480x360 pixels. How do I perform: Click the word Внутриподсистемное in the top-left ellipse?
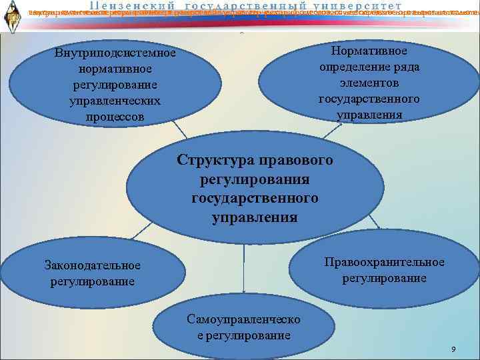click(x=115, y=54)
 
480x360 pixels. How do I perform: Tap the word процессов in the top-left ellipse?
click(x=115, y=117)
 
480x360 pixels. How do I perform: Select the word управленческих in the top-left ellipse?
click(x=115, y=101)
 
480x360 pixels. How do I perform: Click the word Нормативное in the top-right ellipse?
click(x=369, y=51)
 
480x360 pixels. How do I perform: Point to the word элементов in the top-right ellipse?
click(x=369, y=83)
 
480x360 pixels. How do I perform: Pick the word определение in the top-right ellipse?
click(x=369, y=67)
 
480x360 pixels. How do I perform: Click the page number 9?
click(x=453, y=350)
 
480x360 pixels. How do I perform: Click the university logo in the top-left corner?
click(x=12, y=15)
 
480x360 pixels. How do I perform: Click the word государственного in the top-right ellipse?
click(x=369, y=99)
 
